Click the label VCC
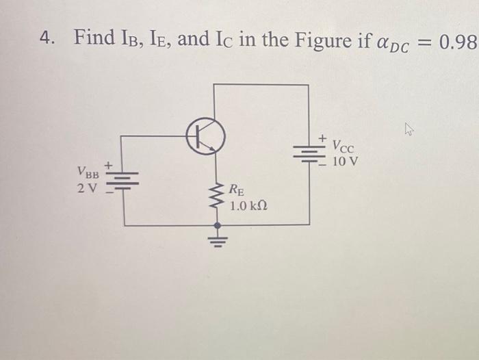[x=344, y=146]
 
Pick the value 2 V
[x=88, y=187]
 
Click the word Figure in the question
[x=317, y=39]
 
